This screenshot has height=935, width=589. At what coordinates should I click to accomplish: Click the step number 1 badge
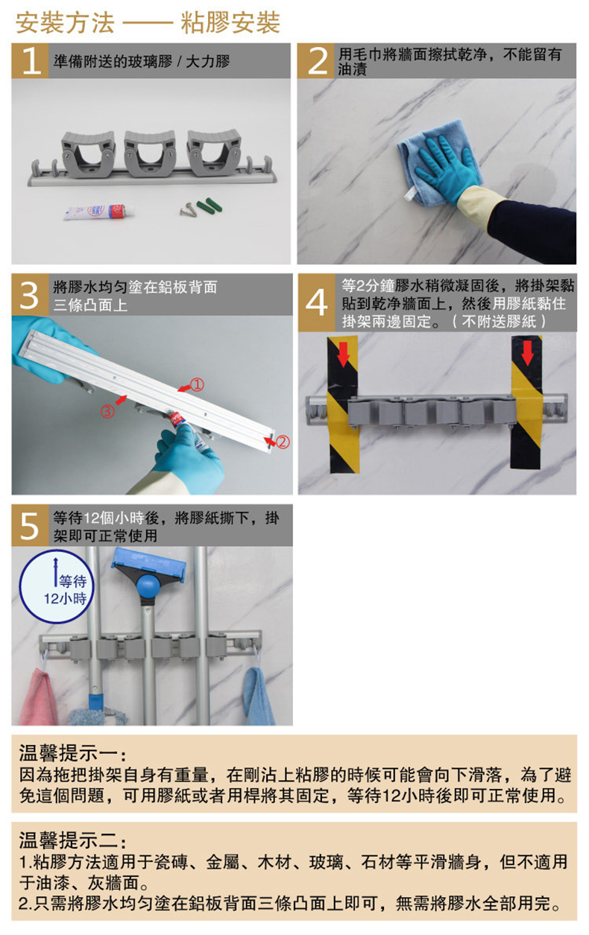(30, 60)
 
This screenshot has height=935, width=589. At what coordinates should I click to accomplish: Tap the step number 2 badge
(316, 60)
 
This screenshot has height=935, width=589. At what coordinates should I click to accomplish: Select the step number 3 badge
(30, 295)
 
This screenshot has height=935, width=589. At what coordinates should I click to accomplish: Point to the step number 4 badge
(317, 302)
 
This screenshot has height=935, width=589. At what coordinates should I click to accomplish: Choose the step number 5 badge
(30, 525)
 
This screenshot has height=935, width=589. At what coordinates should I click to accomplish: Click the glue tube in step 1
(98, 212)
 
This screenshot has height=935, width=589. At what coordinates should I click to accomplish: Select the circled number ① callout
(197, 384)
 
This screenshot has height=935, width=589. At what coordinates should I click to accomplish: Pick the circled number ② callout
(283, 442)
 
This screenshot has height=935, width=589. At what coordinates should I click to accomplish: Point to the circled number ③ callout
(107, 411)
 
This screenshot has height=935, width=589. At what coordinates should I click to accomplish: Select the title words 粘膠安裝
(230, 23)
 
